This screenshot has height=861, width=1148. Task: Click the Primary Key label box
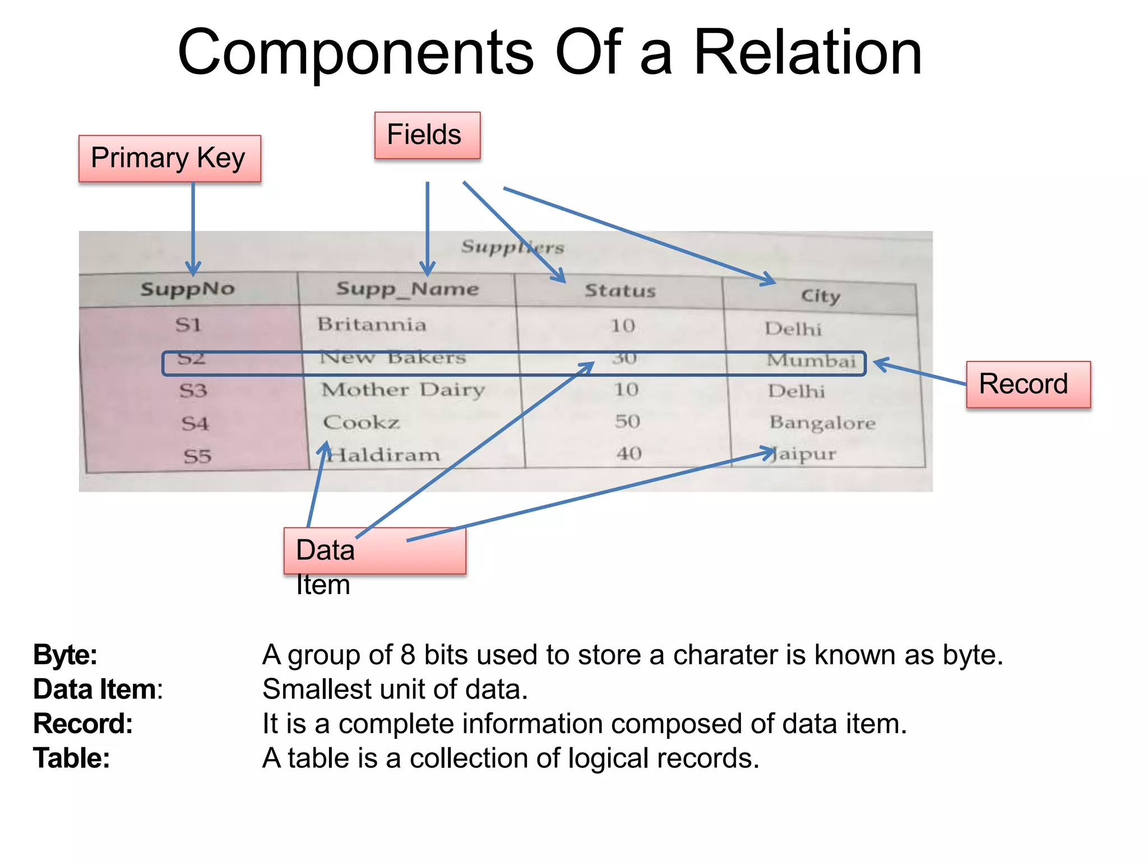coord(169,159)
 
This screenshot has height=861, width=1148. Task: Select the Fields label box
coord(427,135)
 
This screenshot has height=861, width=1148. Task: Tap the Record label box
coord(1028,385)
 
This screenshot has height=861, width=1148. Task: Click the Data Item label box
coord(374,550)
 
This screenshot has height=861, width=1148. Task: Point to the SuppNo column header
coord(188,289)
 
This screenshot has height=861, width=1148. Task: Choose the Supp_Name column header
coord(408,289)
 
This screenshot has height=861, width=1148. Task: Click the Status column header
coord(620,291)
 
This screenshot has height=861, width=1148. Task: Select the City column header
coord(820,296)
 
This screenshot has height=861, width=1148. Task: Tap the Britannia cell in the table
coord(372,325)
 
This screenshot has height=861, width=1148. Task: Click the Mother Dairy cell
coord(402,390)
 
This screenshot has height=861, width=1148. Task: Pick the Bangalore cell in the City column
coord(822,423)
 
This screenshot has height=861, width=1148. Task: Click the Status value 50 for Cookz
coord(627,422)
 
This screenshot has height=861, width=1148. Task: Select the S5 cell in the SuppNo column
coord(197,456)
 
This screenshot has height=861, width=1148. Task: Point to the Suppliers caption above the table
coord(512,247)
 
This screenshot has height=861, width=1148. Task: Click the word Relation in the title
coord(807,53)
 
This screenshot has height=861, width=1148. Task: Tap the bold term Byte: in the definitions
coord(65,655)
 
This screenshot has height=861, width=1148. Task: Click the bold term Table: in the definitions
coord(71,758)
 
